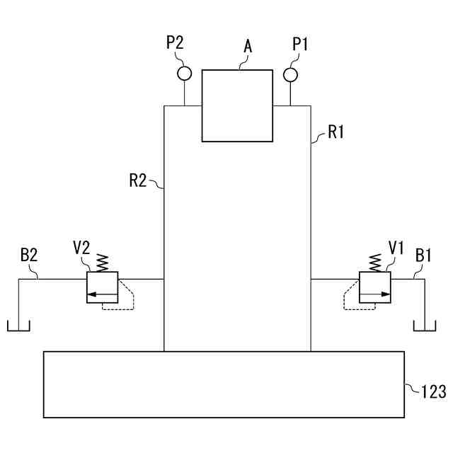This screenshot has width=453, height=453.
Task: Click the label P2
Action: pos(175,42)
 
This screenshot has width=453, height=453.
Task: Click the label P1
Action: pos(301,44)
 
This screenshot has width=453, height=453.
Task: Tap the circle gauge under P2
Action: pos(185,72)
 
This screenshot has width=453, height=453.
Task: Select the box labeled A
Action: pos(237,105)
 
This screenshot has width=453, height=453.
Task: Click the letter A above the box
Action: pos(248,47)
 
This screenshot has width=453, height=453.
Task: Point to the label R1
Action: pos(335,131)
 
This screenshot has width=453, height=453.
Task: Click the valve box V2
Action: pos(102,287)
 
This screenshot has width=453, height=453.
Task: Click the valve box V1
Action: pos(374,287)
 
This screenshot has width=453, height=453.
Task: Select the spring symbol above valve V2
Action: pos(102,263)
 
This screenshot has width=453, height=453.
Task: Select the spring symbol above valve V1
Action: pos(374,263)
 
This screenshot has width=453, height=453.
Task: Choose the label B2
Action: pos(29,255)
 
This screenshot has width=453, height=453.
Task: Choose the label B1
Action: pos(424,255)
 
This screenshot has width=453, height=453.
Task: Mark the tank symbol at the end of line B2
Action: pos(18,326)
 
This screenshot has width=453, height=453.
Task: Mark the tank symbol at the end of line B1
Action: pos(425,326)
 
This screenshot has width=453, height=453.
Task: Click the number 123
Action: pos(433,390)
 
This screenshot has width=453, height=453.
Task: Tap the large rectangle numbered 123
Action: pos(224,384)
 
